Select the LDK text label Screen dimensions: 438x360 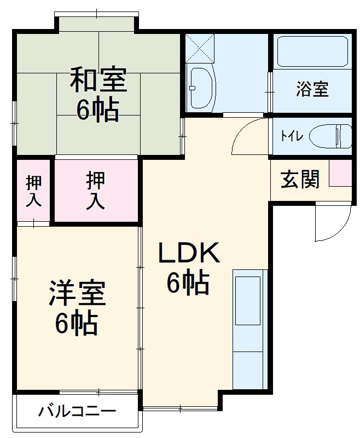click(x=189, y=253)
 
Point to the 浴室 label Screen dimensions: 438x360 click(x=312, y=89)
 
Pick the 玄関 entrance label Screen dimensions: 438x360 click(x=300, y=179)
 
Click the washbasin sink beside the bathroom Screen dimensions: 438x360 click(x=201, y=88)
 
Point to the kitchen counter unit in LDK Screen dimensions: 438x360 click(x=249, y=328)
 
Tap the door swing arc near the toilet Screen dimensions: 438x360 click(x=249, y=137)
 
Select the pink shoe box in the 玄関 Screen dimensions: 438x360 click(x=340, y=173)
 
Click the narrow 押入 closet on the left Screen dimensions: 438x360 click(x=34, y=192)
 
